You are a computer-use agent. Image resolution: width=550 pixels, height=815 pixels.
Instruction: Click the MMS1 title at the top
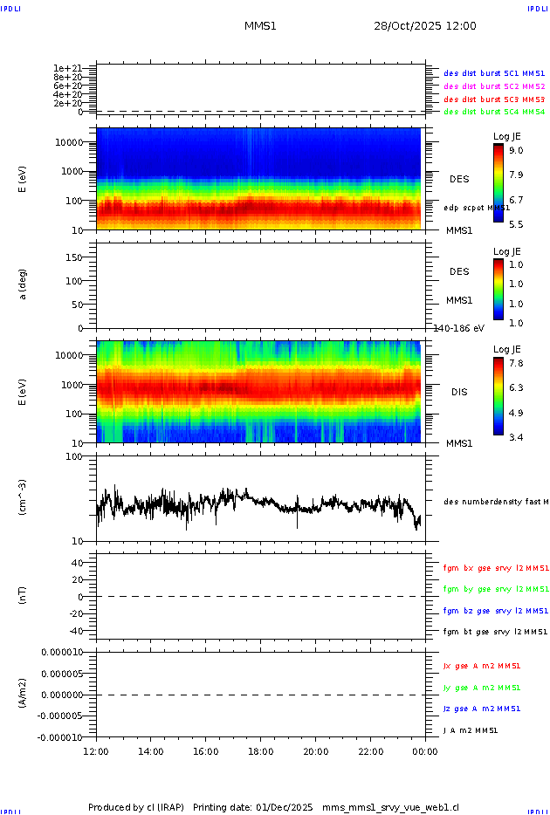point(260,26)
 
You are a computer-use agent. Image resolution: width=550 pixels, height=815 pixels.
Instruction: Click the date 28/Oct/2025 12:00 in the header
point(425,26)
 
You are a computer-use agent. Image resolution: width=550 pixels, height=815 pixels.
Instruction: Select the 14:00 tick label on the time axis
point(151,751)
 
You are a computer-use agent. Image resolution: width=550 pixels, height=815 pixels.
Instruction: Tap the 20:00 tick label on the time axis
point(315,751)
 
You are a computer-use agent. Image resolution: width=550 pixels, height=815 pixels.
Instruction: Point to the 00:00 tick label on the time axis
point(425,751)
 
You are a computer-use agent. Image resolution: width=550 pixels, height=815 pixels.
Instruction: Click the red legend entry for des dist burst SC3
point(494,100)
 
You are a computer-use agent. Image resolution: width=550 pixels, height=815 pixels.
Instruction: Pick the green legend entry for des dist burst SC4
point(494,112)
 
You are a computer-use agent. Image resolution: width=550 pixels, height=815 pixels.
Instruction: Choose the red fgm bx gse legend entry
point(494,568)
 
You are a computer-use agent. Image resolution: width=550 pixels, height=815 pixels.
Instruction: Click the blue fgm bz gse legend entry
point(494,611)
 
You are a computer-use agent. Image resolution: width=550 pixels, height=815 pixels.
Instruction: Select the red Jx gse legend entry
point(481,666)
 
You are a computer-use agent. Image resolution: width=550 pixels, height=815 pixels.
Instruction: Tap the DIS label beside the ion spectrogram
point(459,392)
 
